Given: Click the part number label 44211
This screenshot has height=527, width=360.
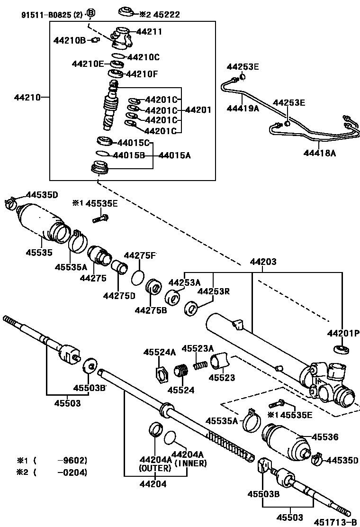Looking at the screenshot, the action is click(x=149, y=32).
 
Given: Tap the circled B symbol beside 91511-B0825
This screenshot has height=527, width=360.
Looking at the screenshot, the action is click(x=90, y=13).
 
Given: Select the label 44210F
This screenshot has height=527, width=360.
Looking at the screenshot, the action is click(x=142, y=74).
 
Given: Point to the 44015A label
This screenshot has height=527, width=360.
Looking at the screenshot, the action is click(x=175, y=155).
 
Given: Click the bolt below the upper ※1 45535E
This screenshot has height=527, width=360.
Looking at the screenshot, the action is click(x=100, y=218).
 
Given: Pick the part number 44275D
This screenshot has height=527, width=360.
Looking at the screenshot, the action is click(x=119, y=296).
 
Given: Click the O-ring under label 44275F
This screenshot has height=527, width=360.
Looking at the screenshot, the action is click(x=138, y=277).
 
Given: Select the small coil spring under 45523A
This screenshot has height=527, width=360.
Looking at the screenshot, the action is click(x=201, y=364).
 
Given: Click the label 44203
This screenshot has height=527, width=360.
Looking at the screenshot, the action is click(x=263, y=262).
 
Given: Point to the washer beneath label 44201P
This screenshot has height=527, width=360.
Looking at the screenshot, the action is click(x=341, y=349).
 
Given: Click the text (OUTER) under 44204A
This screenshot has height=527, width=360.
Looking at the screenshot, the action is click(x=155, y=468).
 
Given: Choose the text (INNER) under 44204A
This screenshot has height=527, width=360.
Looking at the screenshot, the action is click(x=191, y=463).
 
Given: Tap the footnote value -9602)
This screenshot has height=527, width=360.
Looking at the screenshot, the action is click(x=72, y=460).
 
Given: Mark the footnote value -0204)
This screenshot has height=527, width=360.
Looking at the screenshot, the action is click(x=72, y=472).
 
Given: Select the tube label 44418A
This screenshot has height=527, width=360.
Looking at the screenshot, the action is click(x=319, y=153).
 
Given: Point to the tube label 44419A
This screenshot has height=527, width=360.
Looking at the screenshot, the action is click(x=243, y=108).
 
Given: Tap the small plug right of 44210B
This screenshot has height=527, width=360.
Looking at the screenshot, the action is click(x=95, y=40).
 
